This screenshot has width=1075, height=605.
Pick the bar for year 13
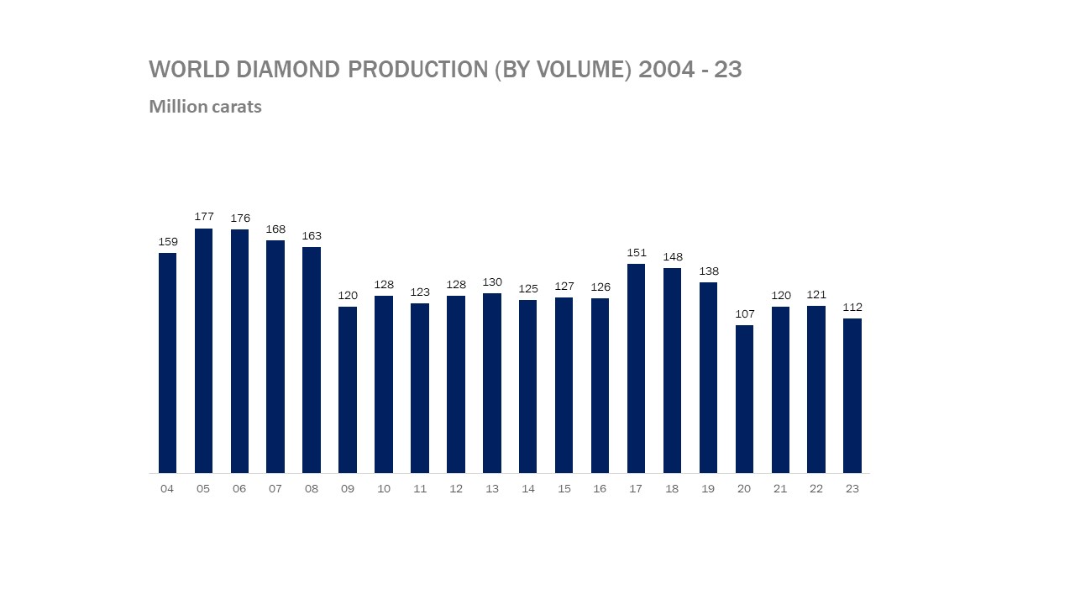coord(492,382)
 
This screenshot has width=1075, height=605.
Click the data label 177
coord(204,217)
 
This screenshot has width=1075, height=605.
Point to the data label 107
coord(744,313)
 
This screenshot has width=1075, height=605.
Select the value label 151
coord(637,253)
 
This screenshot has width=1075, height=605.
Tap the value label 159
coord(168,242)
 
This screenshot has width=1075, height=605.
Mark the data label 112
coord(852,308)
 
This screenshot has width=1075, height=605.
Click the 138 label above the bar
coord(709,271)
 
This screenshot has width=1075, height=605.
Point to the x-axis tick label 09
coord(348,489)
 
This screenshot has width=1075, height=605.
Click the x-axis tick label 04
coord(167,489)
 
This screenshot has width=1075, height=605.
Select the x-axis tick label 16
coord(600,489)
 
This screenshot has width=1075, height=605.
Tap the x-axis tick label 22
coord(816,489)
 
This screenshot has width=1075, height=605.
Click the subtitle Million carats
coord(205,107)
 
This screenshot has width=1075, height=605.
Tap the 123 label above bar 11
coord(420,292)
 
